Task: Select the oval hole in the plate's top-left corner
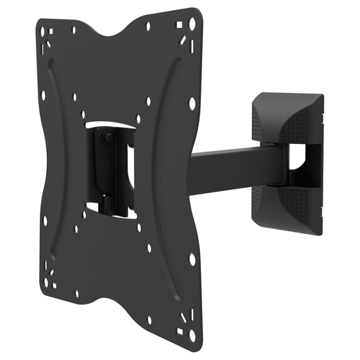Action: click(43, 31)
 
